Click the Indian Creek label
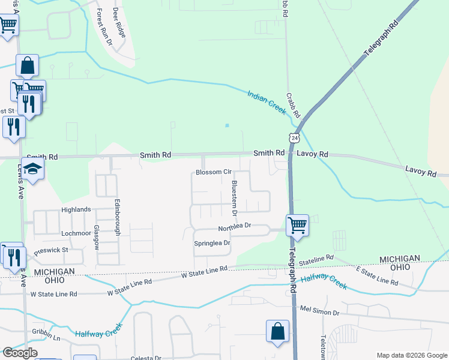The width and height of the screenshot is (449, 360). point(267,102)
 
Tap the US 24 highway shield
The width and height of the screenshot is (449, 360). point(294,138)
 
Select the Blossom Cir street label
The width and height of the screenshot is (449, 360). point(214,172)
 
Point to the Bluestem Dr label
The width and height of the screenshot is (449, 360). point(235,197)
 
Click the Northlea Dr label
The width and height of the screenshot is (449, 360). point(234,227)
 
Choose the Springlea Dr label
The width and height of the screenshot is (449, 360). point(212,243)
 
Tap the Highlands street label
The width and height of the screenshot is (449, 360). point(76,209)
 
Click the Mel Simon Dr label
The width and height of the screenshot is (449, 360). point(319,312)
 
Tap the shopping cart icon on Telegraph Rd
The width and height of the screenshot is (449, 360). point(297,225)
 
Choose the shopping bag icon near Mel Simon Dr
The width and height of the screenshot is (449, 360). point(278,331)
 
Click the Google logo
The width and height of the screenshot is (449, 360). point(21,353)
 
